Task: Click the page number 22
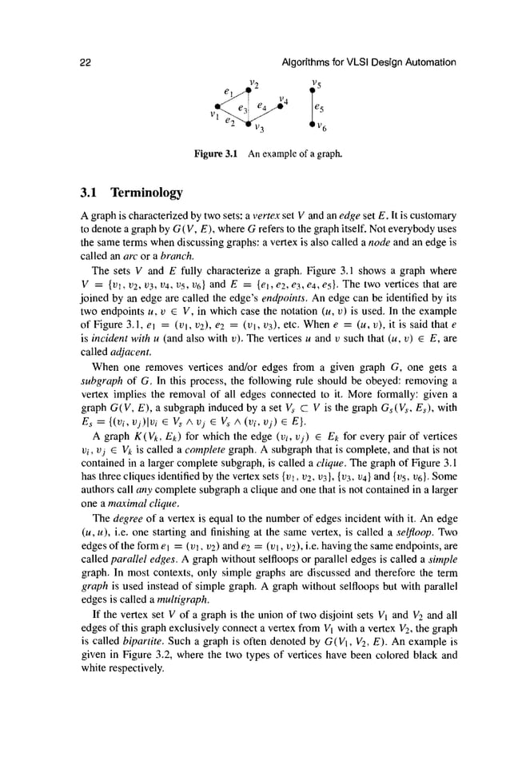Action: point(84,62)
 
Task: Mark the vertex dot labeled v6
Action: point(313,123)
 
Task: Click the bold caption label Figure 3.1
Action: point(218,152)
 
